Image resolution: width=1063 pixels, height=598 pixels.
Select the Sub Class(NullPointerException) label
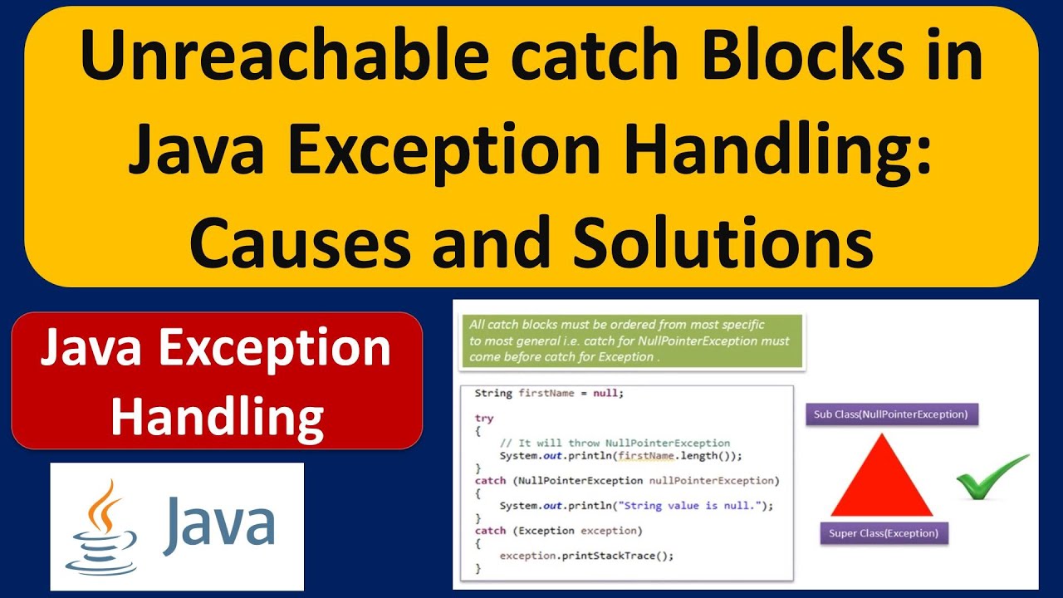coord(890,414)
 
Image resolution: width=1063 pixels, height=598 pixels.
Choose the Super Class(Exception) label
coord(884,533)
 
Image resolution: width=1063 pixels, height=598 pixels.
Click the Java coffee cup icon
coord(101,527)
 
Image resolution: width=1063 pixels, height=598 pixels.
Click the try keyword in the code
coord(483,419)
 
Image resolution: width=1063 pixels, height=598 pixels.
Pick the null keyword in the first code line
coord(605,393)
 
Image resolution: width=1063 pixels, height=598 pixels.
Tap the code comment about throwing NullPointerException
coord(615,443)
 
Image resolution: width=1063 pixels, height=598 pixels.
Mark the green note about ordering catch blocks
coord(631,341)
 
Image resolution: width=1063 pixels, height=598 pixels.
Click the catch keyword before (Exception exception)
coord(490,530)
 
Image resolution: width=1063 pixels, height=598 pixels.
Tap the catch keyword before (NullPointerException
coord(490,480)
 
